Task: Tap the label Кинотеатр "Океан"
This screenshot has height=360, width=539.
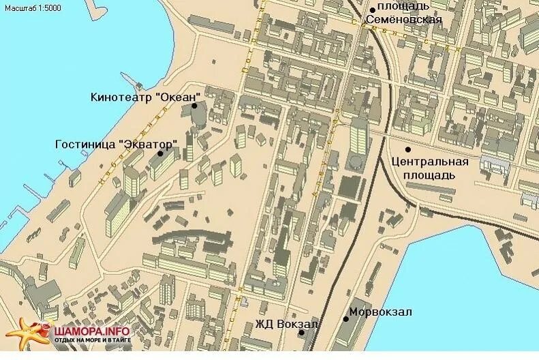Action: (144, 97)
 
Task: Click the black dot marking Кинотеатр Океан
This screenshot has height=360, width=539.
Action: (194, 106)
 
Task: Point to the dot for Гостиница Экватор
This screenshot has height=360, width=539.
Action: (161, 153)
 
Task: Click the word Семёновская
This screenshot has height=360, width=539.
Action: (404, 19)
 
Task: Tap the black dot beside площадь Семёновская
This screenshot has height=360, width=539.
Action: (372, 9)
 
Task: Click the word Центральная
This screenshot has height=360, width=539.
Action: (431, 162)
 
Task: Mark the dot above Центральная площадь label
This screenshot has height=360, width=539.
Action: (408, 149)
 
